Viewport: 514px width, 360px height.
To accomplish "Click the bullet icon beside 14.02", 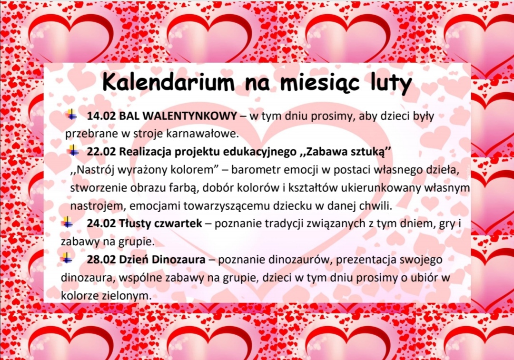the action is point(71,115).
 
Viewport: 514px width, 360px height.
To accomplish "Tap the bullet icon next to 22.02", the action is point(74,151).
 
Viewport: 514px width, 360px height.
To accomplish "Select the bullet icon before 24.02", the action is point(67,222).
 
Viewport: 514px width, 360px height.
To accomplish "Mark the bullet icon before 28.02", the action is point(67,258).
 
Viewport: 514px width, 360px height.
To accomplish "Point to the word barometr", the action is point(250,170).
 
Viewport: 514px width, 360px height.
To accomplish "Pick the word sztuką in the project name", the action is point(367,152).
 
